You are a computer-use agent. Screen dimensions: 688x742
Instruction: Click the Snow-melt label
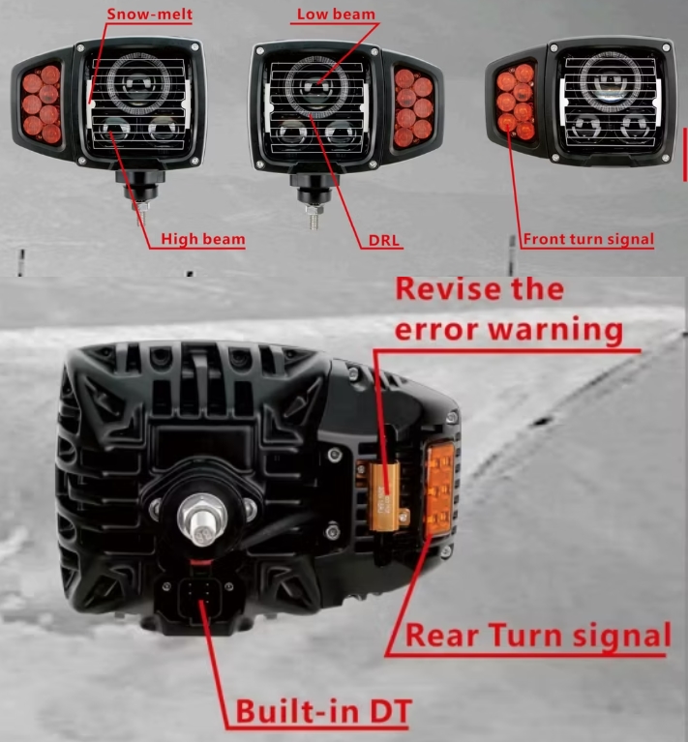pos(150,15)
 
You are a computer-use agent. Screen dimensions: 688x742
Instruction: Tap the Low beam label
pos(336,15)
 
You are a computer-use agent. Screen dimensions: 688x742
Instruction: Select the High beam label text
pos(203,239)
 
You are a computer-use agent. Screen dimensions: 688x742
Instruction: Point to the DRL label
pos(384,240)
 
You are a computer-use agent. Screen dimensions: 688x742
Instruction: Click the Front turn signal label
pos(588,239)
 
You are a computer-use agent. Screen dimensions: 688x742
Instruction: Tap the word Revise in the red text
pos(450,289)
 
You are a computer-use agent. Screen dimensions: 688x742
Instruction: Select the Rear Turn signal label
pos(538,635)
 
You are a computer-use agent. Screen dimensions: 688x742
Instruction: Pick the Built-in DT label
pos(323,711)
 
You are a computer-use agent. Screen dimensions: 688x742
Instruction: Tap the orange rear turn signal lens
pos(439,489)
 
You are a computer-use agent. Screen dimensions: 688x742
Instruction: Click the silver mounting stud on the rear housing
pos(202,519)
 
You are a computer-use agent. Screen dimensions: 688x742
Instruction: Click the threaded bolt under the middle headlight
pos(313,217)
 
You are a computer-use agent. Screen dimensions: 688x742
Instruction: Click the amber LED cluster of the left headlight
pos(42,104)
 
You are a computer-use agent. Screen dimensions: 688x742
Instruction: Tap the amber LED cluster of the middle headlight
pos(413,108)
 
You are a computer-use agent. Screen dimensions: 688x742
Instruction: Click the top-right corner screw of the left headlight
pos(194,46)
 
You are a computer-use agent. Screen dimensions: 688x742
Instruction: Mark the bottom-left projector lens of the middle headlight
pos(289,134)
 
